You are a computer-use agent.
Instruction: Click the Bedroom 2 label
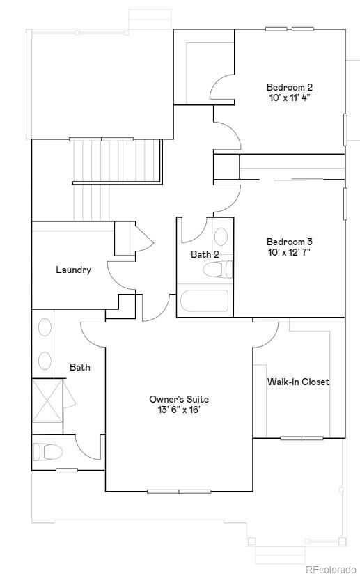(289, 87)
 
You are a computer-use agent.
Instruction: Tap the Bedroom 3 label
(289, 242)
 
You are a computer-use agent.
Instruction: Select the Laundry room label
(73, 270)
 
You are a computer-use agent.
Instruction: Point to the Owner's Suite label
(179, 399)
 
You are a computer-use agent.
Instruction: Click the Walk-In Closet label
(298, 382)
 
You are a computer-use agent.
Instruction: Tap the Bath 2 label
(205, 254)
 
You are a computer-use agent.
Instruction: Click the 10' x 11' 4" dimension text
(289, 98)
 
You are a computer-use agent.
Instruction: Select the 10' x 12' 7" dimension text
(289, 252)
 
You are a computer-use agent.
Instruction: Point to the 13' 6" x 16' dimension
(179, 410)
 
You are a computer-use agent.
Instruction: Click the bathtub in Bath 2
(204, 301)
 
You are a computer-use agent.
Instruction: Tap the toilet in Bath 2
(222, 270)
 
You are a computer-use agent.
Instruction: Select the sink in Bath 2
(221, 235)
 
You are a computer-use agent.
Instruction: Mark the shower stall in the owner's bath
(49, 400)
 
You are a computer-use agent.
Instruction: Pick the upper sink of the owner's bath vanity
(45, 329)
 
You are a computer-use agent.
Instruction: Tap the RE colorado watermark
(331, 569)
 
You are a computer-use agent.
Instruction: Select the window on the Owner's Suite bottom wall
(179, 492)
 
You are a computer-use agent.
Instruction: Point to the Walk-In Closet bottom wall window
(302, 438)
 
